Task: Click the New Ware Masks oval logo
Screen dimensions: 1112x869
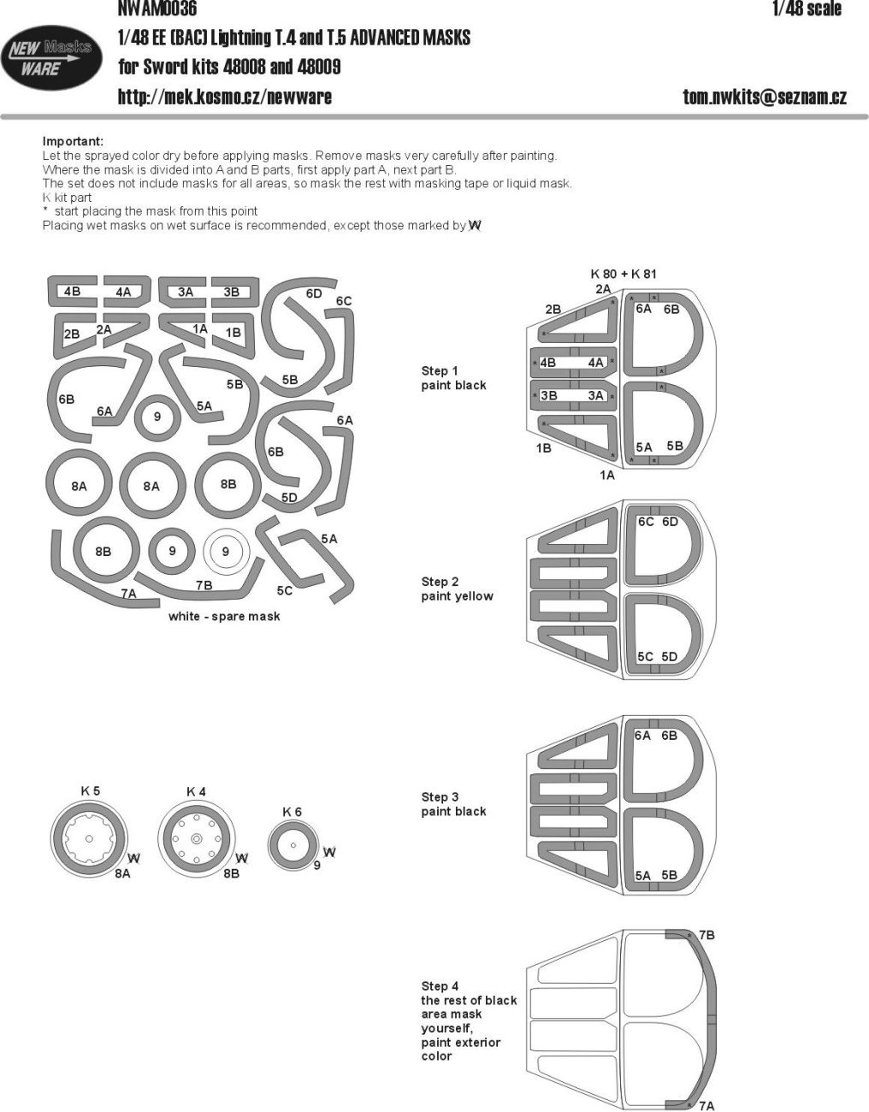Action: [x=48, y=59]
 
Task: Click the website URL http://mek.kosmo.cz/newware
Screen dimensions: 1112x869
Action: [x=224, y=97]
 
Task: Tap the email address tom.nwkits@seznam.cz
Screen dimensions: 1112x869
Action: [x=764, y=97]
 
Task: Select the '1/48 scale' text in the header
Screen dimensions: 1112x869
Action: [x=806, y=9]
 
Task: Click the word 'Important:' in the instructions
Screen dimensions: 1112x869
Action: [x=73, y=141]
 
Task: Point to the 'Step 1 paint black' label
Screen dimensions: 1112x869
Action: [x=452, y=378]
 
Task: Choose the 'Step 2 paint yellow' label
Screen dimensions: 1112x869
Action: [x=457, y=589]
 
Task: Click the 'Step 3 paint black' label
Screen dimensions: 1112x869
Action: [x=452, y=804]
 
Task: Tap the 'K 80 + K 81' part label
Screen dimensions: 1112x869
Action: [x=624, y=274]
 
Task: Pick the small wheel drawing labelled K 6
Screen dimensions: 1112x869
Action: [x=293, y=845]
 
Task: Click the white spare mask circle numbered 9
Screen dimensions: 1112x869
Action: [x=226, y=552]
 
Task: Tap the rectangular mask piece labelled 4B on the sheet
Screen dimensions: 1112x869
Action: [x=72, y=292]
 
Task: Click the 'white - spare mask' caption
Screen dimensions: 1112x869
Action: [x=224, y=616]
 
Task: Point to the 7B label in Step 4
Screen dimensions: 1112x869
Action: [x=706, y=935]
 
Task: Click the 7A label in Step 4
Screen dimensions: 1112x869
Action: [x=706, y=1106]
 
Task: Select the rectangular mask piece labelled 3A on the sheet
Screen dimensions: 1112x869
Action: [x=185, y=292]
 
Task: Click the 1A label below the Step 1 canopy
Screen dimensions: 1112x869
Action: [x=606, y=475]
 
